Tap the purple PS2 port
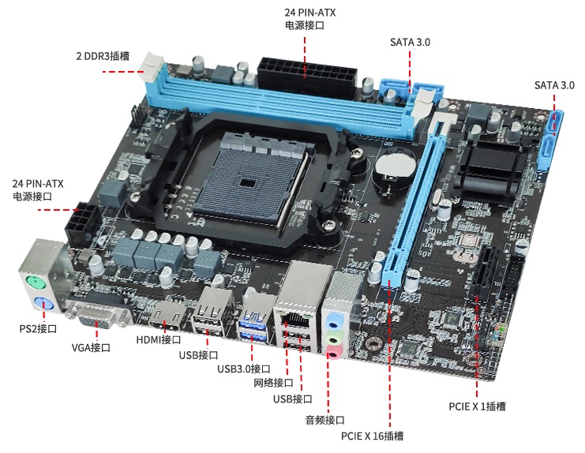(44, 305)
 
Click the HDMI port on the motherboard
(170, 316)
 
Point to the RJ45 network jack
(294, 318)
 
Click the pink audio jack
(334, 351)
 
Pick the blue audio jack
(333, 320)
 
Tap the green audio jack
(333, 336)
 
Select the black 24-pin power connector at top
(306, 77)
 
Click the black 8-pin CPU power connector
(83, 223)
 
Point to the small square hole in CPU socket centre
(247, 182)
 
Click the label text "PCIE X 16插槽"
(372, 436)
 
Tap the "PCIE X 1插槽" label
(477, 406)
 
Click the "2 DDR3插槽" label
(103, 56)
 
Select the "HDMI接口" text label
(159, 339)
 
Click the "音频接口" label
(325, 420)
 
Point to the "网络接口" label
(273, 383)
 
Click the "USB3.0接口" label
(244, 369)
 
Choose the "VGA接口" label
(91, 347)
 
